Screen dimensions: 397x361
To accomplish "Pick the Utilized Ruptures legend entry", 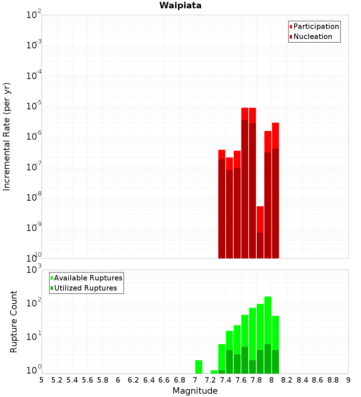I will pos(85,288).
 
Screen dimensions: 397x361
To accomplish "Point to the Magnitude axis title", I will pos(195,391).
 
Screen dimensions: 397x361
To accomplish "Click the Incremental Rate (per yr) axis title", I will pos(7,136).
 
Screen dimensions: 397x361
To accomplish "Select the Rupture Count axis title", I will pos(14,321).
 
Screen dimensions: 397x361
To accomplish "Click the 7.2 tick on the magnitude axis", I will pos(210,380).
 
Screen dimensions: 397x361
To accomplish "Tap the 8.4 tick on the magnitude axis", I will pos(303,380).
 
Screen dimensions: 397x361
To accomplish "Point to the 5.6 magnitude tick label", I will pos(87,380).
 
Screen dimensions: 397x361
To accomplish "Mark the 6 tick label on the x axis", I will pos(118,380).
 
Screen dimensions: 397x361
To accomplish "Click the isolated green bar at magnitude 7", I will pos(199,367).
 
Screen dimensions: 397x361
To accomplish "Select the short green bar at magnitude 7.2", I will pos(214,372).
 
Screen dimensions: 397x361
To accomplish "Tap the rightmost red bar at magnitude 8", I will pos(275,191).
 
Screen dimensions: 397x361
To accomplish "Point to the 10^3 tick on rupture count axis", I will pos(34,270).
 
